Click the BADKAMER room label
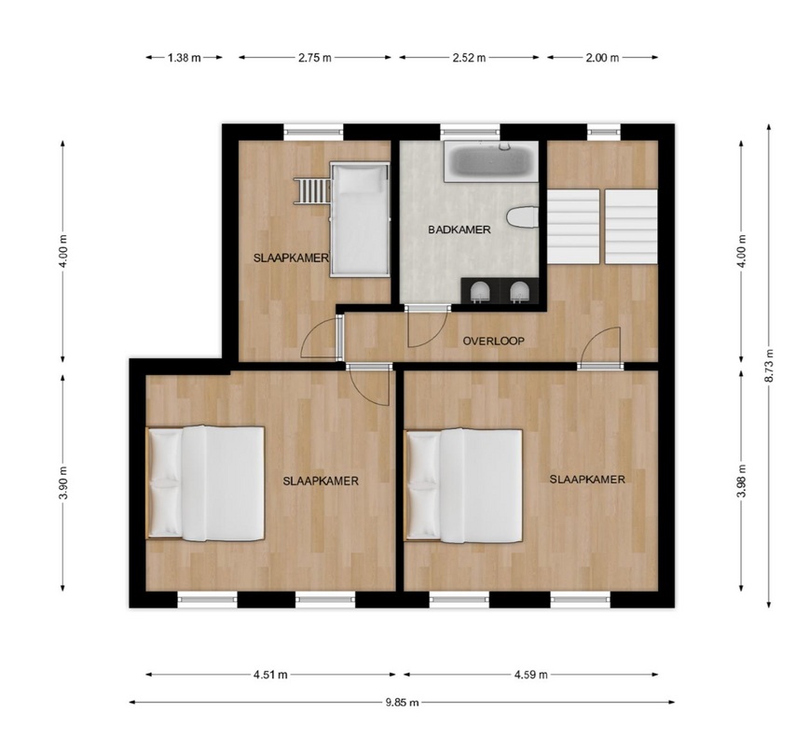(459, 230)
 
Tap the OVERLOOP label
(493, 342)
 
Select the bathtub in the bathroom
(491, 161)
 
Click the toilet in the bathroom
(523, 216)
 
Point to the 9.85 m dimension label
(402, 703)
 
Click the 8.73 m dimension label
(769, 366)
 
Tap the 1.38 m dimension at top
(185, 58)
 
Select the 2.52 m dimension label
(469, 58)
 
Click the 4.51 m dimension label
(270, 675)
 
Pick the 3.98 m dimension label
(741, 481)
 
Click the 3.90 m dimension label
(63, 482)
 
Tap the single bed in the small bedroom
(360, 219)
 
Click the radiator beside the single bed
(312, 190)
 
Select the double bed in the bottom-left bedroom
(205, 483)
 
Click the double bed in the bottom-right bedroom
(464, 486)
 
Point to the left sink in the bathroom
(480, 292)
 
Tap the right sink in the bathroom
(519, 292)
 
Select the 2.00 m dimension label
(602, 58)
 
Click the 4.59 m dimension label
(530, 675)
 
